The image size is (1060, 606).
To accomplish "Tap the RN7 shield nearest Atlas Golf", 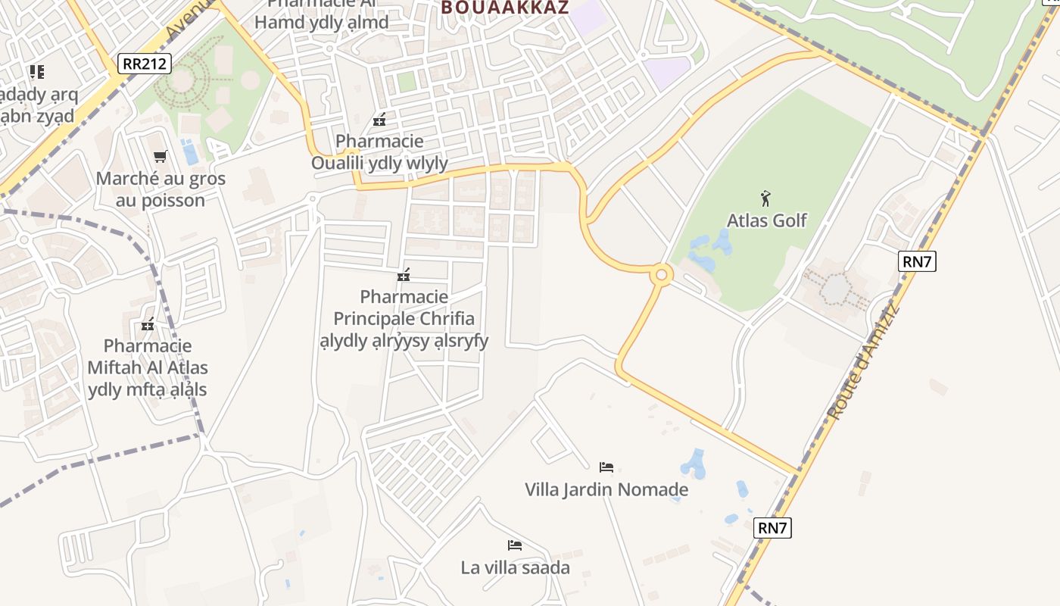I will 918,262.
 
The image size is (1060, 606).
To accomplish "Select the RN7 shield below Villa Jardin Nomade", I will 772,528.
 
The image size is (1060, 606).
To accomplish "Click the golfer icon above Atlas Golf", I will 765,199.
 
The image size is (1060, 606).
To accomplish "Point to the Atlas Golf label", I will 766,220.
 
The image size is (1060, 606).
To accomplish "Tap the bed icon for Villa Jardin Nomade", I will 606,467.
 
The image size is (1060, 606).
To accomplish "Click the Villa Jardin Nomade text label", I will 606,489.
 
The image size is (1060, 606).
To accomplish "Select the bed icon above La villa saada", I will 515,545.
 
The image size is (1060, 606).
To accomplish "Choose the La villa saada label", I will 515,567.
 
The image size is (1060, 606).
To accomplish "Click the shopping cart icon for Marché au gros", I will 160,157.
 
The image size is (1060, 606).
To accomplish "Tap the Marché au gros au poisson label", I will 161,189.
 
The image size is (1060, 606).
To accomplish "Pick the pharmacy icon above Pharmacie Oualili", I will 379,120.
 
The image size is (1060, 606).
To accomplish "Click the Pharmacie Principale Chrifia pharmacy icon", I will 404,275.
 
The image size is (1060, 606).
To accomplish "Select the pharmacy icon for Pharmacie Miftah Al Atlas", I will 148,325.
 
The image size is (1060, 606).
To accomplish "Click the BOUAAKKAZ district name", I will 504,8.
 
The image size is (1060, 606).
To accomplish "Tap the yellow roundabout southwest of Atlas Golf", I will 661,274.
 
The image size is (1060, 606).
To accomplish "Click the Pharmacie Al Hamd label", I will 321,15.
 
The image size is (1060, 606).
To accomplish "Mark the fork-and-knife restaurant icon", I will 36,72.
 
